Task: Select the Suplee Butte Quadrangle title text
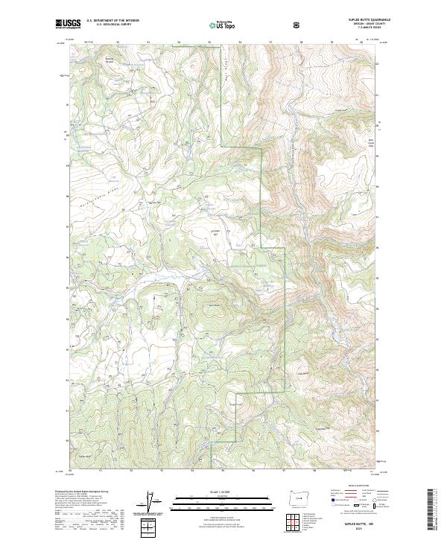click(x=360, y=19)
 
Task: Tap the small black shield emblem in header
click(x=298, y=25)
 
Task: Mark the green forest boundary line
click(x=261, y=186)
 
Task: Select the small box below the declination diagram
click(x=149, y=529)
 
